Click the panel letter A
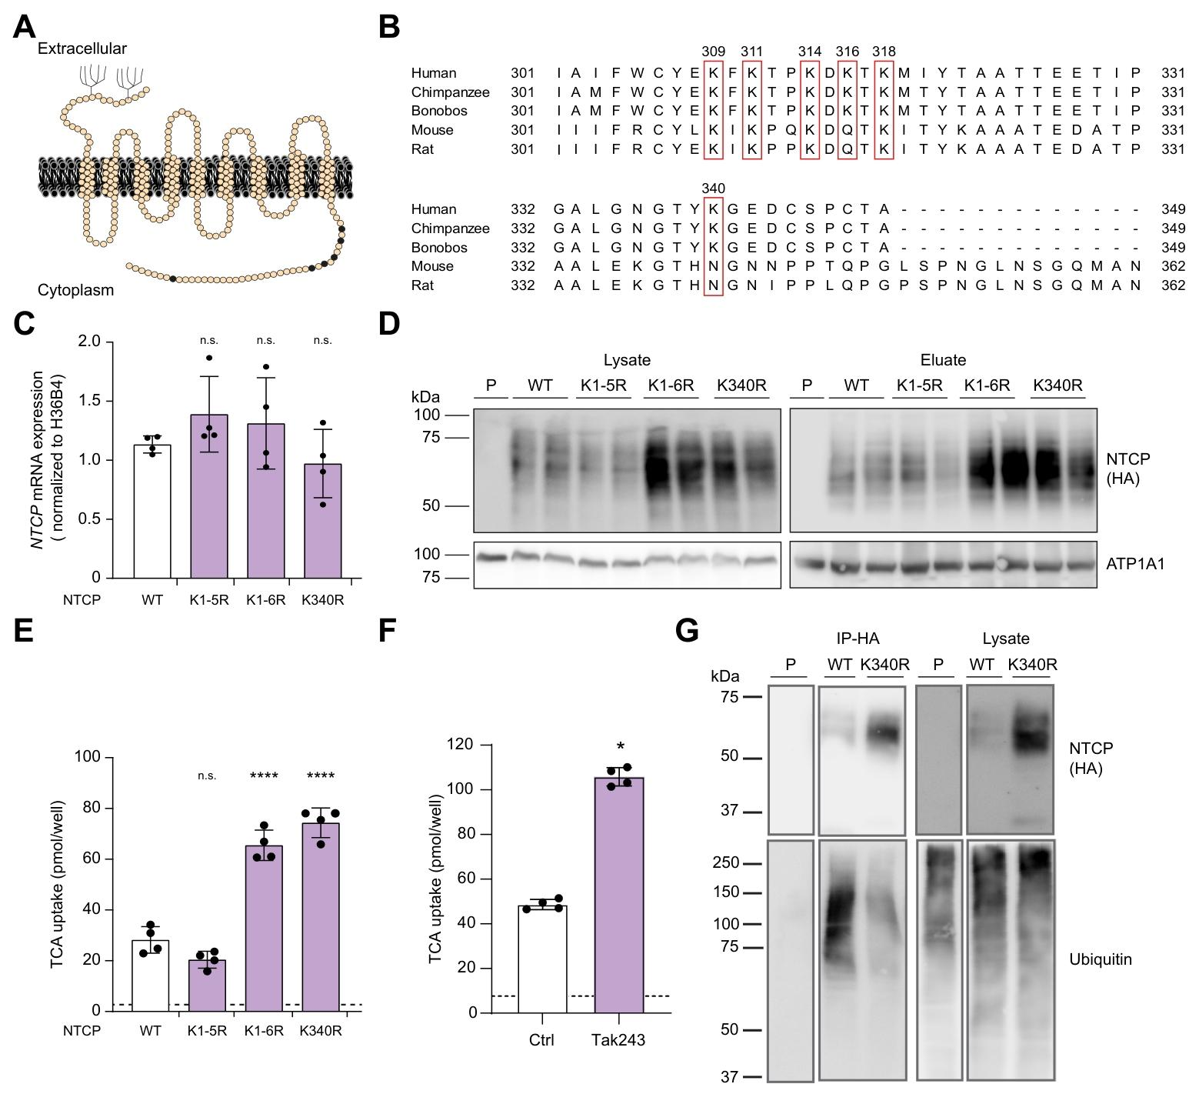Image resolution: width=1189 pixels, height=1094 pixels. coord(25,28)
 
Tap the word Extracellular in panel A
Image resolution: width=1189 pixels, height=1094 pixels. coord(82,48)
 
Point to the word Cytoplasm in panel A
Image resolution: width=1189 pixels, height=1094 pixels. coord(75,290)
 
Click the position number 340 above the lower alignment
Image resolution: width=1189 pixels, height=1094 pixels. coord(714,188)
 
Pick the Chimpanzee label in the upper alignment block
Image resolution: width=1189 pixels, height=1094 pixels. coord(451,92)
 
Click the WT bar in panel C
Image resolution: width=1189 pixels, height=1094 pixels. coord(152,512)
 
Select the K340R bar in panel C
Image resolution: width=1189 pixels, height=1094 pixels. coord(322,521)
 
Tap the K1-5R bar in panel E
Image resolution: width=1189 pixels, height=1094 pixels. coord(207,986)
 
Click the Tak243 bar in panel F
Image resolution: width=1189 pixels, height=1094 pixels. coord(619,896)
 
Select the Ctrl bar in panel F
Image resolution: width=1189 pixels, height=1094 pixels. coord(542,959)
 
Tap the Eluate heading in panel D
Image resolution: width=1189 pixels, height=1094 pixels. coord(943,360)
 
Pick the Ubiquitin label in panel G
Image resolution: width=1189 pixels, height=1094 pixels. coord(1101,959)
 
